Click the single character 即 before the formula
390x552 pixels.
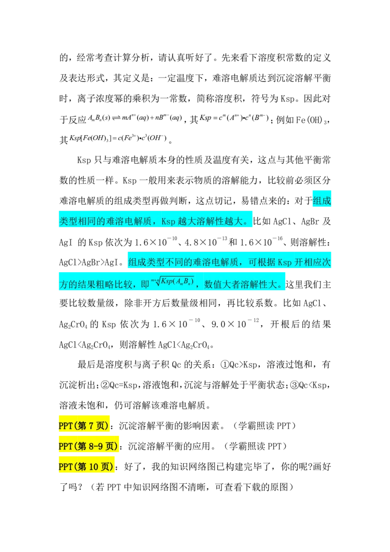click(145, 284)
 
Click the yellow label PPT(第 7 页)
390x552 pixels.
click(84, 426)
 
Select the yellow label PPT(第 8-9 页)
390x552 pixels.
click(88, 446)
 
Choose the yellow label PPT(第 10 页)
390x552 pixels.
click(86, 467)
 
